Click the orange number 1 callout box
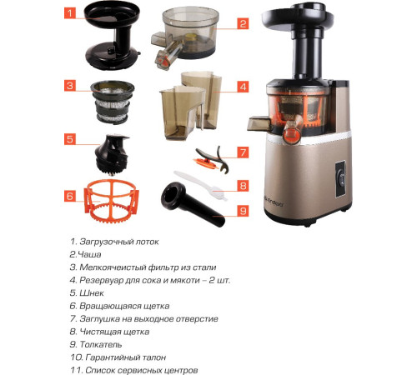pyautogui.click(x=70, y=13)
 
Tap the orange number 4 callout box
pyautogui.click(x=243, y=87)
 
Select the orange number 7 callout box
pyautogui.click(x=243, y=152)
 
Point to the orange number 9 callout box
pyautogui.click(x=243, y=211)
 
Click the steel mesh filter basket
pyautogui.click(x=113, y=102)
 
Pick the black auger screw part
pyautogui.click(x=112, y=155)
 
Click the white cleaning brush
pyautogui.click(x=201, y=185)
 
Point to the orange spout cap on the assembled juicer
pyautogui.click(x=290, y=136)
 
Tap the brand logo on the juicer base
pyautogui.click(x=274, y=204)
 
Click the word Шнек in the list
pyautogui.click(x=92, y=293)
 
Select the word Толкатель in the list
pyautogui.click(x=101, y=344)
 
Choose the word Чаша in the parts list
pyautogui.click(x=89, y=254)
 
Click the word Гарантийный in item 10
pyautogui.click(x=113, y=357)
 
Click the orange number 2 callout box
pyautogui.click(x=243, y=23)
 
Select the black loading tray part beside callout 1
pyautogui.click(x=112, y=35)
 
